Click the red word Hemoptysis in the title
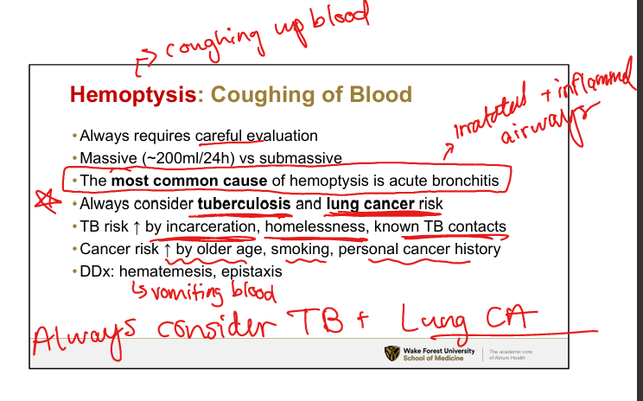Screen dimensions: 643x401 [x=133, y=95]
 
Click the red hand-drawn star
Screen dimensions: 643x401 [x=48, y=200]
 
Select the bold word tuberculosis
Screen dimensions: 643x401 [x=245, y=203]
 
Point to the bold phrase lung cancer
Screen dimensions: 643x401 [x=371, y=204]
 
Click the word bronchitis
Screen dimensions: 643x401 [x=465, y=181]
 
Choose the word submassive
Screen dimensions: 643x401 [x=301, y=158]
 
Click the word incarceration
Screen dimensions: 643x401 [x=211, y=226]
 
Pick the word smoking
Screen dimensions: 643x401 [x=300, y=249]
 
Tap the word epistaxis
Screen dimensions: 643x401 [x=251, y=272]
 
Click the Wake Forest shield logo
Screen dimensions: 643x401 [x=392, y=353]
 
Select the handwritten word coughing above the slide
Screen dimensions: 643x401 [x=213, y=46]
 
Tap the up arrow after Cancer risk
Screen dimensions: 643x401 [x=168, y=250]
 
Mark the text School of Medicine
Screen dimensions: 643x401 [x=433, y=358]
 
